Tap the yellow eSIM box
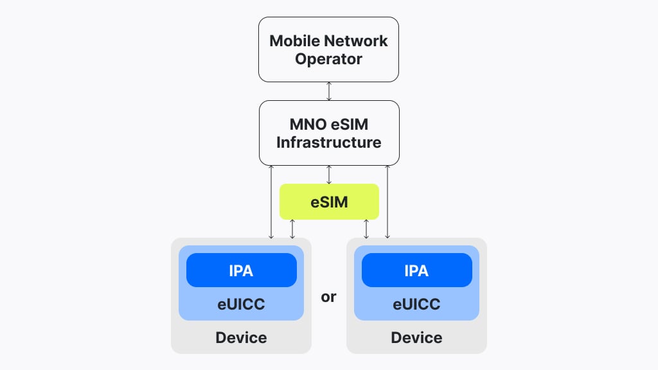pos(329,202)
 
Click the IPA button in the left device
pos(241,270)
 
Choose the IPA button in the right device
pos(416,270)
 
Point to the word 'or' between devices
pos(328,297)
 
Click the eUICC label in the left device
pos(241,304)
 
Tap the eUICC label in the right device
pos(416,304)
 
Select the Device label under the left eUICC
pos(241,337)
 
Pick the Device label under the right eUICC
pos(416,337)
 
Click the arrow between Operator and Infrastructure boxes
pos(329,91)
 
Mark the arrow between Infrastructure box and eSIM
pos(329,173)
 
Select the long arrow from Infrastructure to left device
pos(271,202)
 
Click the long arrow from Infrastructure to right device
pos(387,202)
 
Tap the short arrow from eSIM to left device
pos(292,229)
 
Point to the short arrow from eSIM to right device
pos(366,229)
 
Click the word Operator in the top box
pos(328,59)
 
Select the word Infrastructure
pos(328,142)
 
